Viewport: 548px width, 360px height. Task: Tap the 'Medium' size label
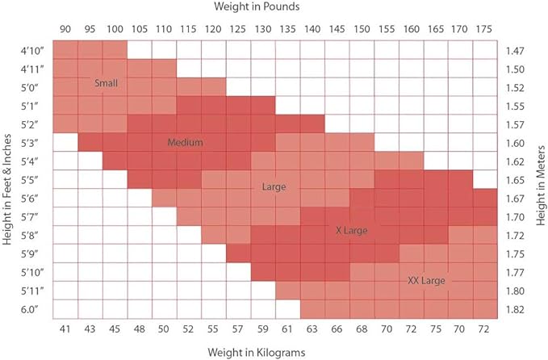pyautogui.click(x=185, y=142)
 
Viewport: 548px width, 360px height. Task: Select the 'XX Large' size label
pyautogui.click(x=426, y=279)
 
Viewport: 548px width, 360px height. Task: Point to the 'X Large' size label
pyautogui.click(x=351, y=231)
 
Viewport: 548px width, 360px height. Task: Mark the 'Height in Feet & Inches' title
pyautogui.click(x=9, y=179)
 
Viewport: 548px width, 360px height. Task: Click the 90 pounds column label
pyautogui.click(x=65, y=28)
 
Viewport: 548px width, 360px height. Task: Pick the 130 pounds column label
pyautogui.click(x=263, y=28)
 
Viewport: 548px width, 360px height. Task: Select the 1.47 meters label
pyautogui.click(x=517, y=50)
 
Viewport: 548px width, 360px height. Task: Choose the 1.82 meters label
pyautogui.click(x=517, y=309)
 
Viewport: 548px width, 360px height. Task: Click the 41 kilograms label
pyautogui.click(x=65, y=329)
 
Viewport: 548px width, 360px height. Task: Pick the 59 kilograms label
pyautogui.click(x=263, y=329)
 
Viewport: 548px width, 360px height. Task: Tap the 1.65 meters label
pyautogui.click(x=517, y=179)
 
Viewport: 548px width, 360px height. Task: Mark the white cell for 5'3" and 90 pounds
pyautogui.click(x=65, y=142)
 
